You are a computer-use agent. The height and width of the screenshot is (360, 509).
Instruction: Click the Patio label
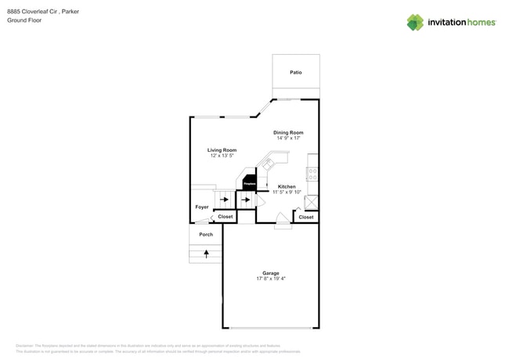pos(295,72)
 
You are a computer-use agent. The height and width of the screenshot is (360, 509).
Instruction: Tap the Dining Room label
pos(288,132)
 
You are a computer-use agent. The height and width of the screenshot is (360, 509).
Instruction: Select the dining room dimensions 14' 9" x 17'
pos(288,139)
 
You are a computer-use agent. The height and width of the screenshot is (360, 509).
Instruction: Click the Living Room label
pos(222,149)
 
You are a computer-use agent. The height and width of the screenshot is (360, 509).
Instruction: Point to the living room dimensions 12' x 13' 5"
pos(222,156)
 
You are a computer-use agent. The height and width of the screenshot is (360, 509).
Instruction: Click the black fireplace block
pos(249,183)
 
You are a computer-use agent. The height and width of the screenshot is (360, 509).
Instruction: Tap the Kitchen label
pos(287,186)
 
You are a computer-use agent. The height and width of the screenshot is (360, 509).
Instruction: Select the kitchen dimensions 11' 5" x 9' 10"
pos(287,193)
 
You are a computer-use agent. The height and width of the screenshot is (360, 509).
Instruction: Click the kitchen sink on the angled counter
pos(269,165)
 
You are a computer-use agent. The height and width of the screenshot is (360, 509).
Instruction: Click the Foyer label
pos(202,207)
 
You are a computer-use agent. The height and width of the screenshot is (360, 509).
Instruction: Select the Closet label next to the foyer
pos(225,216)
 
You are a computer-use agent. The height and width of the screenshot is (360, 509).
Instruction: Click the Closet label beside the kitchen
pos(306,217)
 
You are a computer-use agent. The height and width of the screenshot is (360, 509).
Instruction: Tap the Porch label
pos(206,234)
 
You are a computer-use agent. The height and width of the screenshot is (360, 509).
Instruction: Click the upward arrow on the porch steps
pos(206,254)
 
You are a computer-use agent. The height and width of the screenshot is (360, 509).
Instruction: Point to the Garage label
pos(270,273)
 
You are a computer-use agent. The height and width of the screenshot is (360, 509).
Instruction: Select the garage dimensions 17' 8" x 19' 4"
pos(270,279)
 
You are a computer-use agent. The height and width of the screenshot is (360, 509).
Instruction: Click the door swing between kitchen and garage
pos(282,221)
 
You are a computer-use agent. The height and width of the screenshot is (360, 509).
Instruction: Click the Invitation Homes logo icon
pos(415,23)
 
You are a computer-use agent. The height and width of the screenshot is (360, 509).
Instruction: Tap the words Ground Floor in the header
pos(24,20)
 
